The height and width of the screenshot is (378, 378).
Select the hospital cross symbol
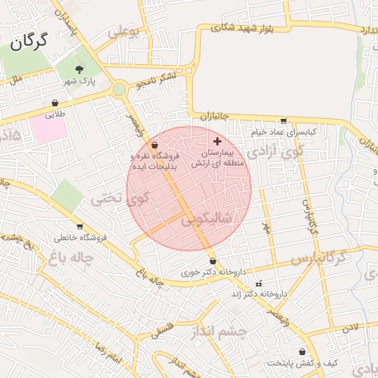tap(216, 140)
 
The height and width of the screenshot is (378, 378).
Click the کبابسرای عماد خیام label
tap(283, 131)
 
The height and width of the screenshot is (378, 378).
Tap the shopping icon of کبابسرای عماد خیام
tap(283, 121)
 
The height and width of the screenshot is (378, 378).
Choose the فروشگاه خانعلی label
tap(78, 237)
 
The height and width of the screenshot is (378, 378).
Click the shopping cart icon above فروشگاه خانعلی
tap(78, 227)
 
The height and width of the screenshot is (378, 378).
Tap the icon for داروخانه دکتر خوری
tap(213, 261)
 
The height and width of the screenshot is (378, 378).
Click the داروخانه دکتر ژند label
tap(258, 294)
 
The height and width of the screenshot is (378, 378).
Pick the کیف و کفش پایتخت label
tap(303, 363)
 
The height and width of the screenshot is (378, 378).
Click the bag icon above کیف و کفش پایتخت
tap(303, 352)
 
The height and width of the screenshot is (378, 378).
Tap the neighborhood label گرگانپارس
tap(318, 258)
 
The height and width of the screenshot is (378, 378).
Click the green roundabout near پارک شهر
tap(119, 90)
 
